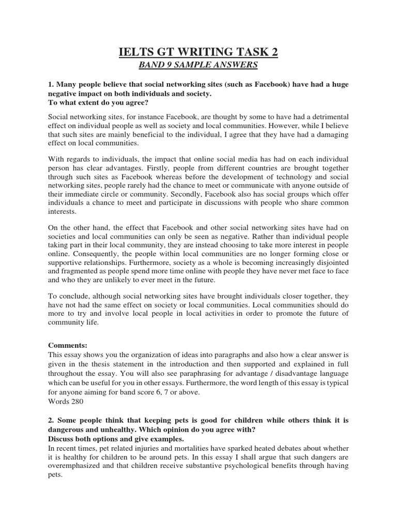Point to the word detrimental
(x=327, y=116)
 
